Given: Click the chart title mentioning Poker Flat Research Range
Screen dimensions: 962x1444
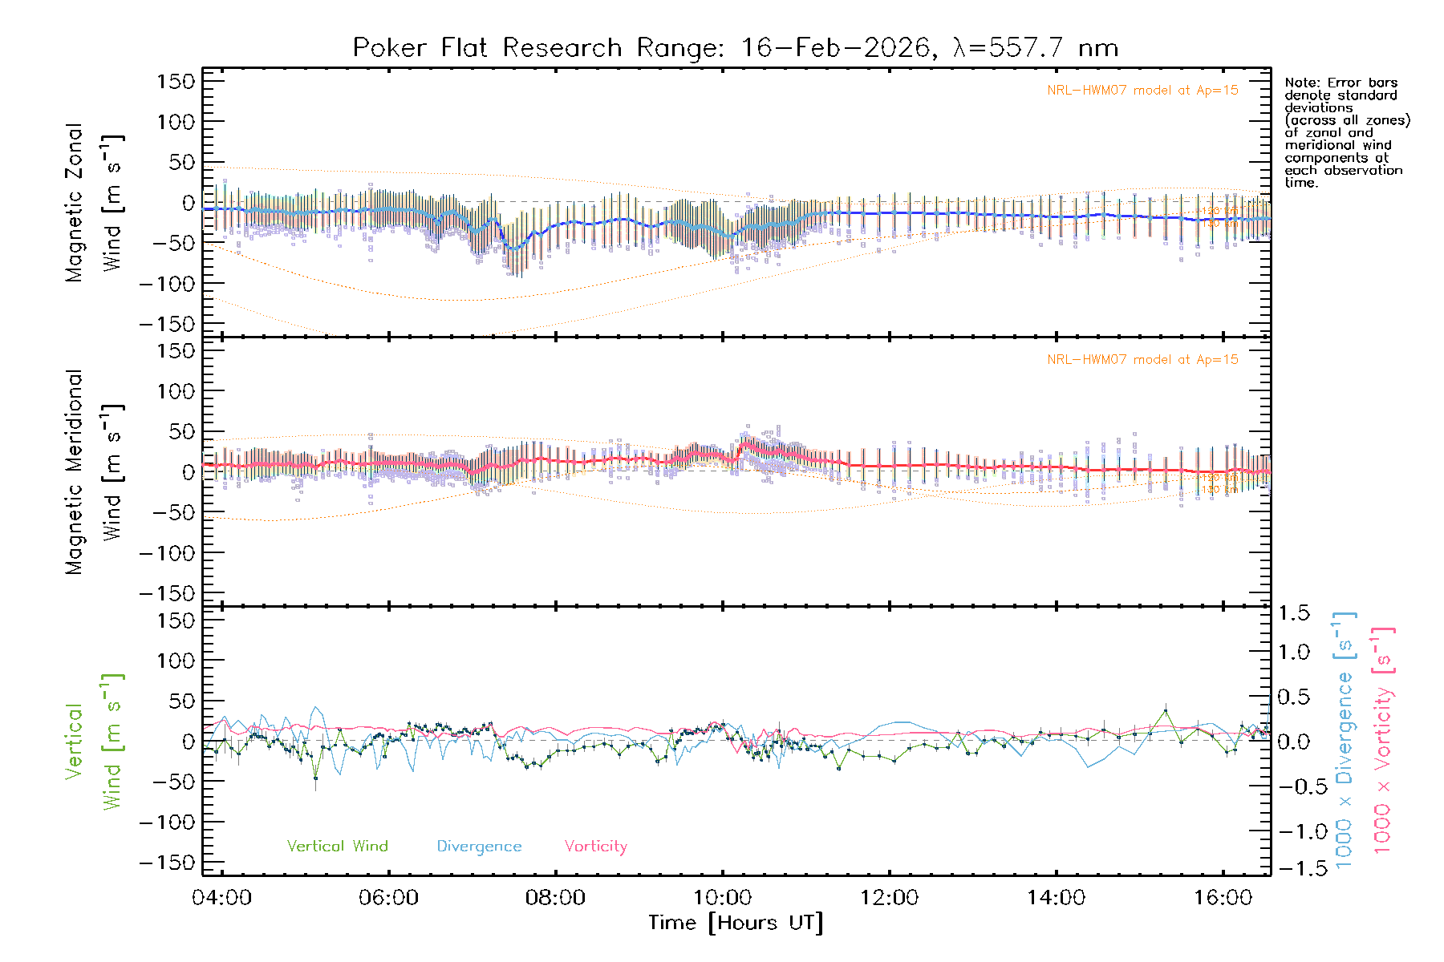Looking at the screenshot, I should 735,48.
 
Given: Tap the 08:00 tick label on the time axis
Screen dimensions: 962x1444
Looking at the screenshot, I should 555,898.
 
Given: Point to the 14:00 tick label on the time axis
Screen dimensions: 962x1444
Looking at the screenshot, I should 1056,898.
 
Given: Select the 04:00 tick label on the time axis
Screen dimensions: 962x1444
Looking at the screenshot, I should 222,898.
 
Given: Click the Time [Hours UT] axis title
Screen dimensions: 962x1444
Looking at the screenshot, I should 735,923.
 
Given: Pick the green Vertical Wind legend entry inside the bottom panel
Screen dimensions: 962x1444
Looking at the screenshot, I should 337,847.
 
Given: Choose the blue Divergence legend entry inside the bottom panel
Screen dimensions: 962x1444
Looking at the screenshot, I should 479,847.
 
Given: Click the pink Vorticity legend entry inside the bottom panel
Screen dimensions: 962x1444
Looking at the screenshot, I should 595,847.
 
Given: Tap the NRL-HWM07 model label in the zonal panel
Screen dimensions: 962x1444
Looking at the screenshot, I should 1142,91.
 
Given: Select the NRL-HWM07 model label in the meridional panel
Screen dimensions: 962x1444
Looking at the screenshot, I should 1142,360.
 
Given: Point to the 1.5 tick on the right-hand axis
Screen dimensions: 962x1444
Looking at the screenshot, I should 1293,613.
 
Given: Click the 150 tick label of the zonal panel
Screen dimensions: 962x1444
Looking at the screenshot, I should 176,81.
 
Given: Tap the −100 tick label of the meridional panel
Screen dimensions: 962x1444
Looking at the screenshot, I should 167,553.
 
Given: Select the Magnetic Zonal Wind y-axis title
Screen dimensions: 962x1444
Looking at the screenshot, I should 94,203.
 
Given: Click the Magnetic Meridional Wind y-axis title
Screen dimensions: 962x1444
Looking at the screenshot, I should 94,472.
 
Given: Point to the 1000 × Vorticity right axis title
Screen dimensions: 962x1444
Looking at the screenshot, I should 1382,741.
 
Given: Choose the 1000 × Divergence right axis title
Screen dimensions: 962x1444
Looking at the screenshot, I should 1344,741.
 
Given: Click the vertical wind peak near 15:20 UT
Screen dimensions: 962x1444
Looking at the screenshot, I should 1165,710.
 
